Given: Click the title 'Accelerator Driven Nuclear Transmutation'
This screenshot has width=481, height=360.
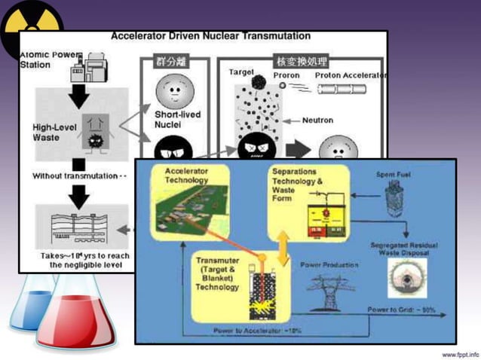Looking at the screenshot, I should pyautogui.click(x=210, y=35).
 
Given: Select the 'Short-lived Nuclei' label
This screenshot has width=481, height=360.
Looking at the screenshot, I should pyautogui.click(x=176, y=119).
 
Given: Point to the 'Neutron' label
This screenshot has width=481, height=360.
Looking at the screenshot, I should pyautogui.click(x=317, y=120).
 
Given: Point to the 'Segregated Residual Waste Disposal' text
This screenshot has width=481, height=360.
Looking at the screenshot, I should pyautogui.click(x=400, y=249).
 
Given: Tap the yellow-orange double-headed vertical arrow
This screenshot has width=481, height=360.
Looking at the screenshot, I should pyautogui.click(x=283, y=249).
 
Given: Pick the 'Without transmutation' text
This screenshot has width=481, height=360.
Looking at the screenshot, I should pyautogui.click(x=75, y=175).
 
